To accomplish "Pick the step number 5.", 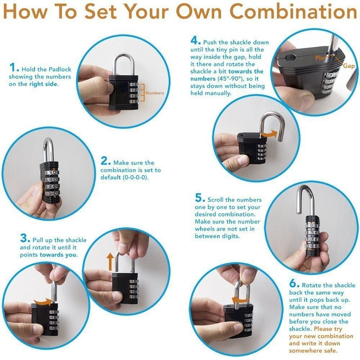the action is (x=200, y=198).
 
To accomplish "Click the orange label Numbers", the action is (x=155, y=93).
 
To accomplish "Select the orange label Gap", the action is (x=348, y=66).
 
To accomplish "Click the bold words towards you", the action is (x=58, y=255).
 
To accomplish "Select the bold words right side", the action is (x=45, y=84).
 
